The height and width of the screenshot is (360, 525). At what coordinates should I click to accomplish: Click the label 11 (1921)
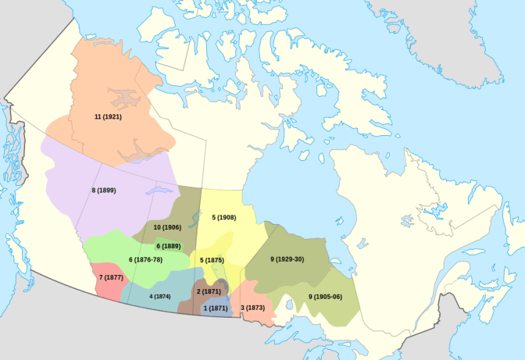click(x=108, y=117)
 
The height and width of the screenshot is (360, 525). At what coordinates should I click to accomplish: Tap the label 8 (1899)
click(x=104, y=191)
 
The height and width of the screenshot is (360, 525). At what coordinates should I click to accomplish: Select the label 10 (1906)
click(x=167, y=227)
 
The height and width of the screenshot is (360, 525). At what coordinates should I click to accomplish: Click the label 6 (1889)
click(x=169, y=246)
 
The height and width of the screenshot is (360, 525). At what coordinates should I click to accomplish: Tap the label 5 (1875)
click(x=212, y=259)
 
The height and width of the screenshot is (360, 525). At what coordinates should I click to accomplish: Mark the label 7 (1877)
click(x=112, y=277)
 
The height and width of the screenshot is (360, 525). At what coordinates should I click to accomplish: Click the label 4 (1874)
click(x=160, y=297)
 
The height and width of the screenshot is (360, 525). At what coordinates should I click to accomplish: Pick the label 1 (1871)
click(x=216, y=308)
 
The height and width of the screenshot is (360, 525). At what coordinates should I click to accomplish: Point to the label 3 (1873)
click(x=254, y=308)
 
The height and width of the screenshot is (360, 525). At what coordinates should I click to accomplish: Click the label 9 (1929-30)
click(x=286, y=259)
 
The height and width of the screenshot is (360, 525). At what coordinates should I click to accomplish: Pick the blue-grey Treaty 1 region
click(x=219, y=300)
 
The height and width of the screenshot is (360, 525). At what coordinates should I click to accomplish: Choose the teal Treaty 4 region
click(x=156, y=285)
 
